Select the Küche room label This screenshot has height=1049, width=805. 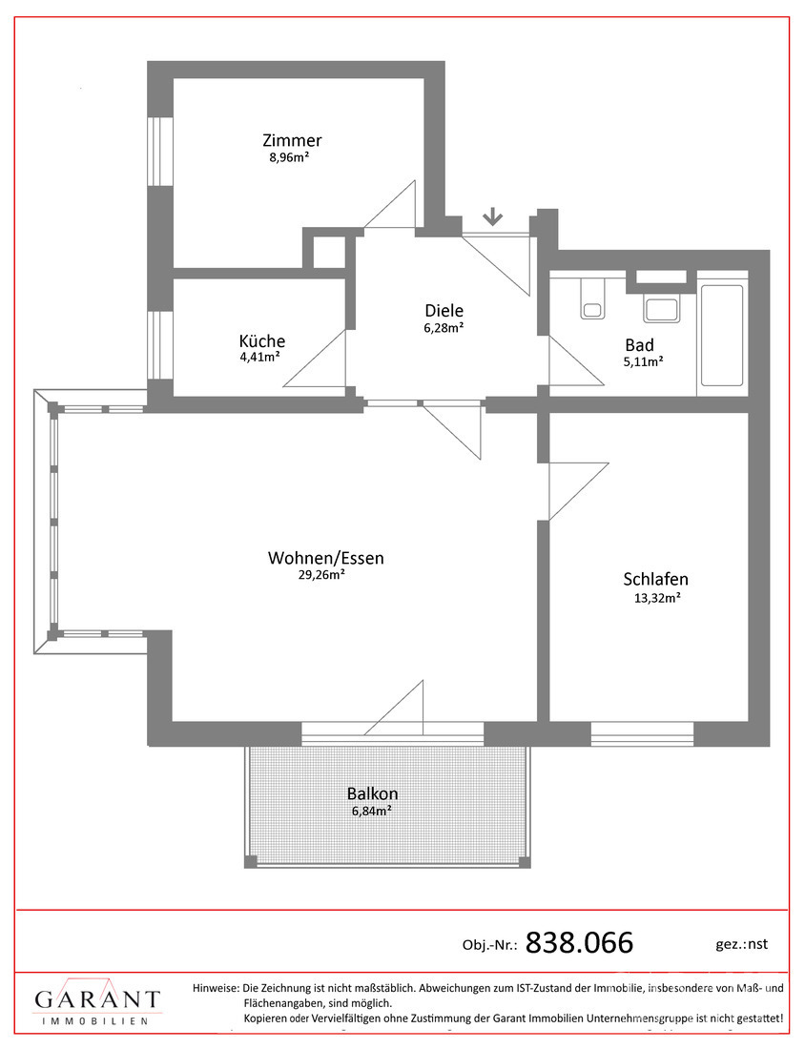pos(262,341)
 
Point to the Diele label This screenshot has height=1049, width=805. pos(444,310)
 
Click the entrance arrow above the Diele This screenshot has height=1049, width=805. pos(492,216)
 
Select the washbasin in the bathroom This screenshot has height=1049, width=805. pos(661,307)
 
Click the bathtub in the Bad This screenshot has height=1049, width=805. pos(720,339)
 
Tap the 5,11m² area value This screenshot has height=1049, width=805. pos(644,361)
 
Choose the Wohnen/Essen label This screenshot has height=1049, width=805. pos(326,558)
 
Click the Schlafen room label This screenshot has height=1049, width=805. pos(655,579)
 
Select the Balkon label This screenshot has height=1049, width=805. pos(372,793)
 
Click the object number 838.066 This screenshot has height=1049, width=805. pos(579,943)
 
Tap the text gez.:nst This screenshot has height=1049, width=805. pos(740,944)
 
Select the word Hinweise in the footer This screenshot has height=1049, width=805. pos(216,988)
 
